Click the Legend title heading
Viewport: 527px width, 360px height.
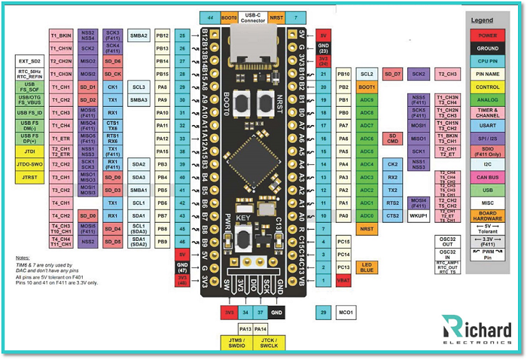click(x=482, y=20)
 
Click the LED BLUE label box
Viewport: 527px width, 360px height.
click(x=367, y=267)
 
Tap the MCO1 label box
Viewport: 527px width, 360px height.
click(x=346, y=311)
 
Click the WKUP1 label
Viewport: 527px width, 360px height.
click(x=418, y=216)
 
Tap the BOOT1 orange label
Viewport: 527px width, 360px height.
click(x=367, y=87)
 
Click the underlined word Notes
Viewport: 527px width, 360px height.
click(x=23, y=258)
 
